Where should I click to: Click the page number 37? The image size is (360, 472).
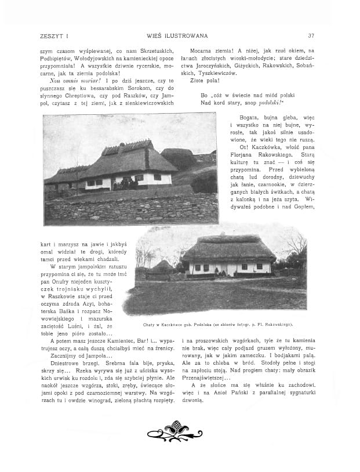311,36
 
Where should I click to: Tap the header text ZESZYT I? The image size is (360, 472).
52,36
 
